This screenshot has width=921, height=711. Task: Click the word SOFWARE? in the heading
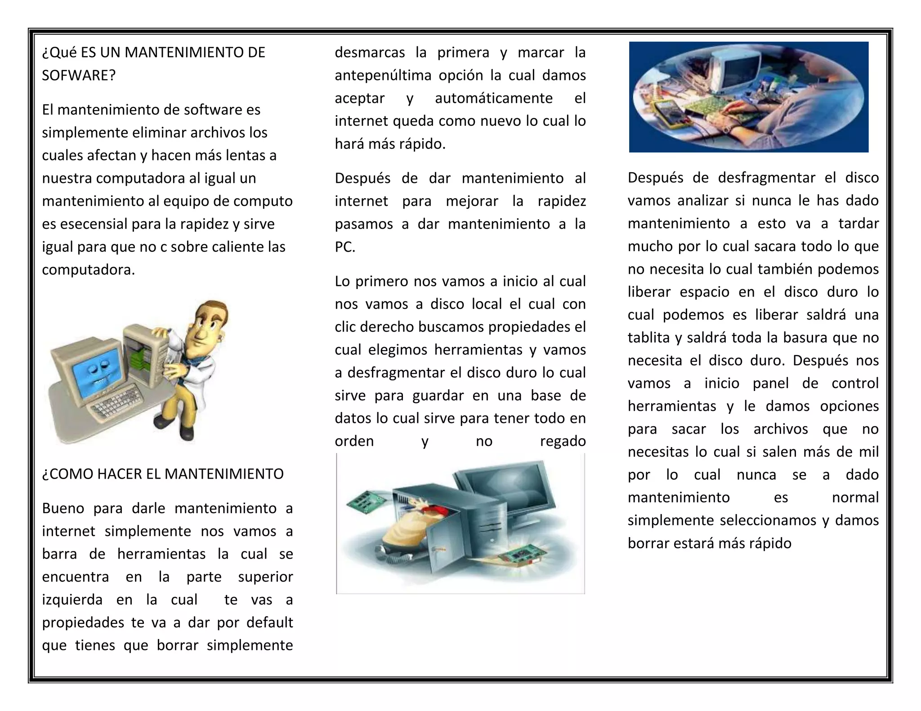coord(79,76)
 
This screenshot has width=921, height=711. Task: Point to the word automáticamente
coord(493,98)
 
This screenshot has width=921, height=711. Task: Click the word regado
coord(563,441)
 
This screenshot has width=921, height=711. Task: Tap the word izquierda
coord(72,600)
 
